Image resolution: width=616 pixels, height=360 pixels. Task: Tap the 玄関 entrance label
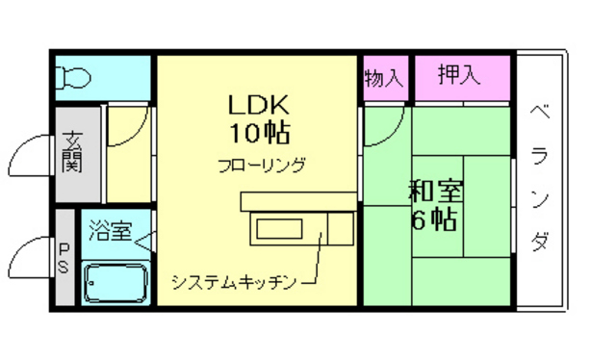72,151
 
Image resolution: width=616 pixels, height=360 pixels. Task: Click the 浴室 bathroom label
107,231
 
